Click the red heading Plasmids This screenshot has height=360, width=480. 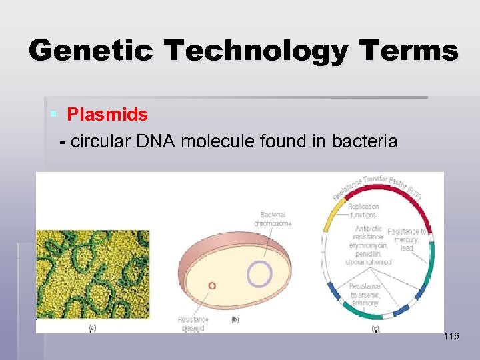107,115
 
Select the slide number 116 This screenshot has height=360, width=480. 451,337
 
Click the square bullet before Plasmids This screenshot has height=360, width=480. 53,115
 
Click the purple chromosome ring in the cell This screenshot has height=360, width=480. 259,274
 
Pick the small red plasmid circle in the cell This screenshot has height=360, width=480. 212,286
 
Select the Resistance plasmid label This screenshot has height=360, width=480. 193,323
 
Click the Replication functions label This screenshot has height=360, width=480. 364,211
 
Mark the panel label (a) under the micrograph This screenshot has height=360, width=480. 93,327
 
